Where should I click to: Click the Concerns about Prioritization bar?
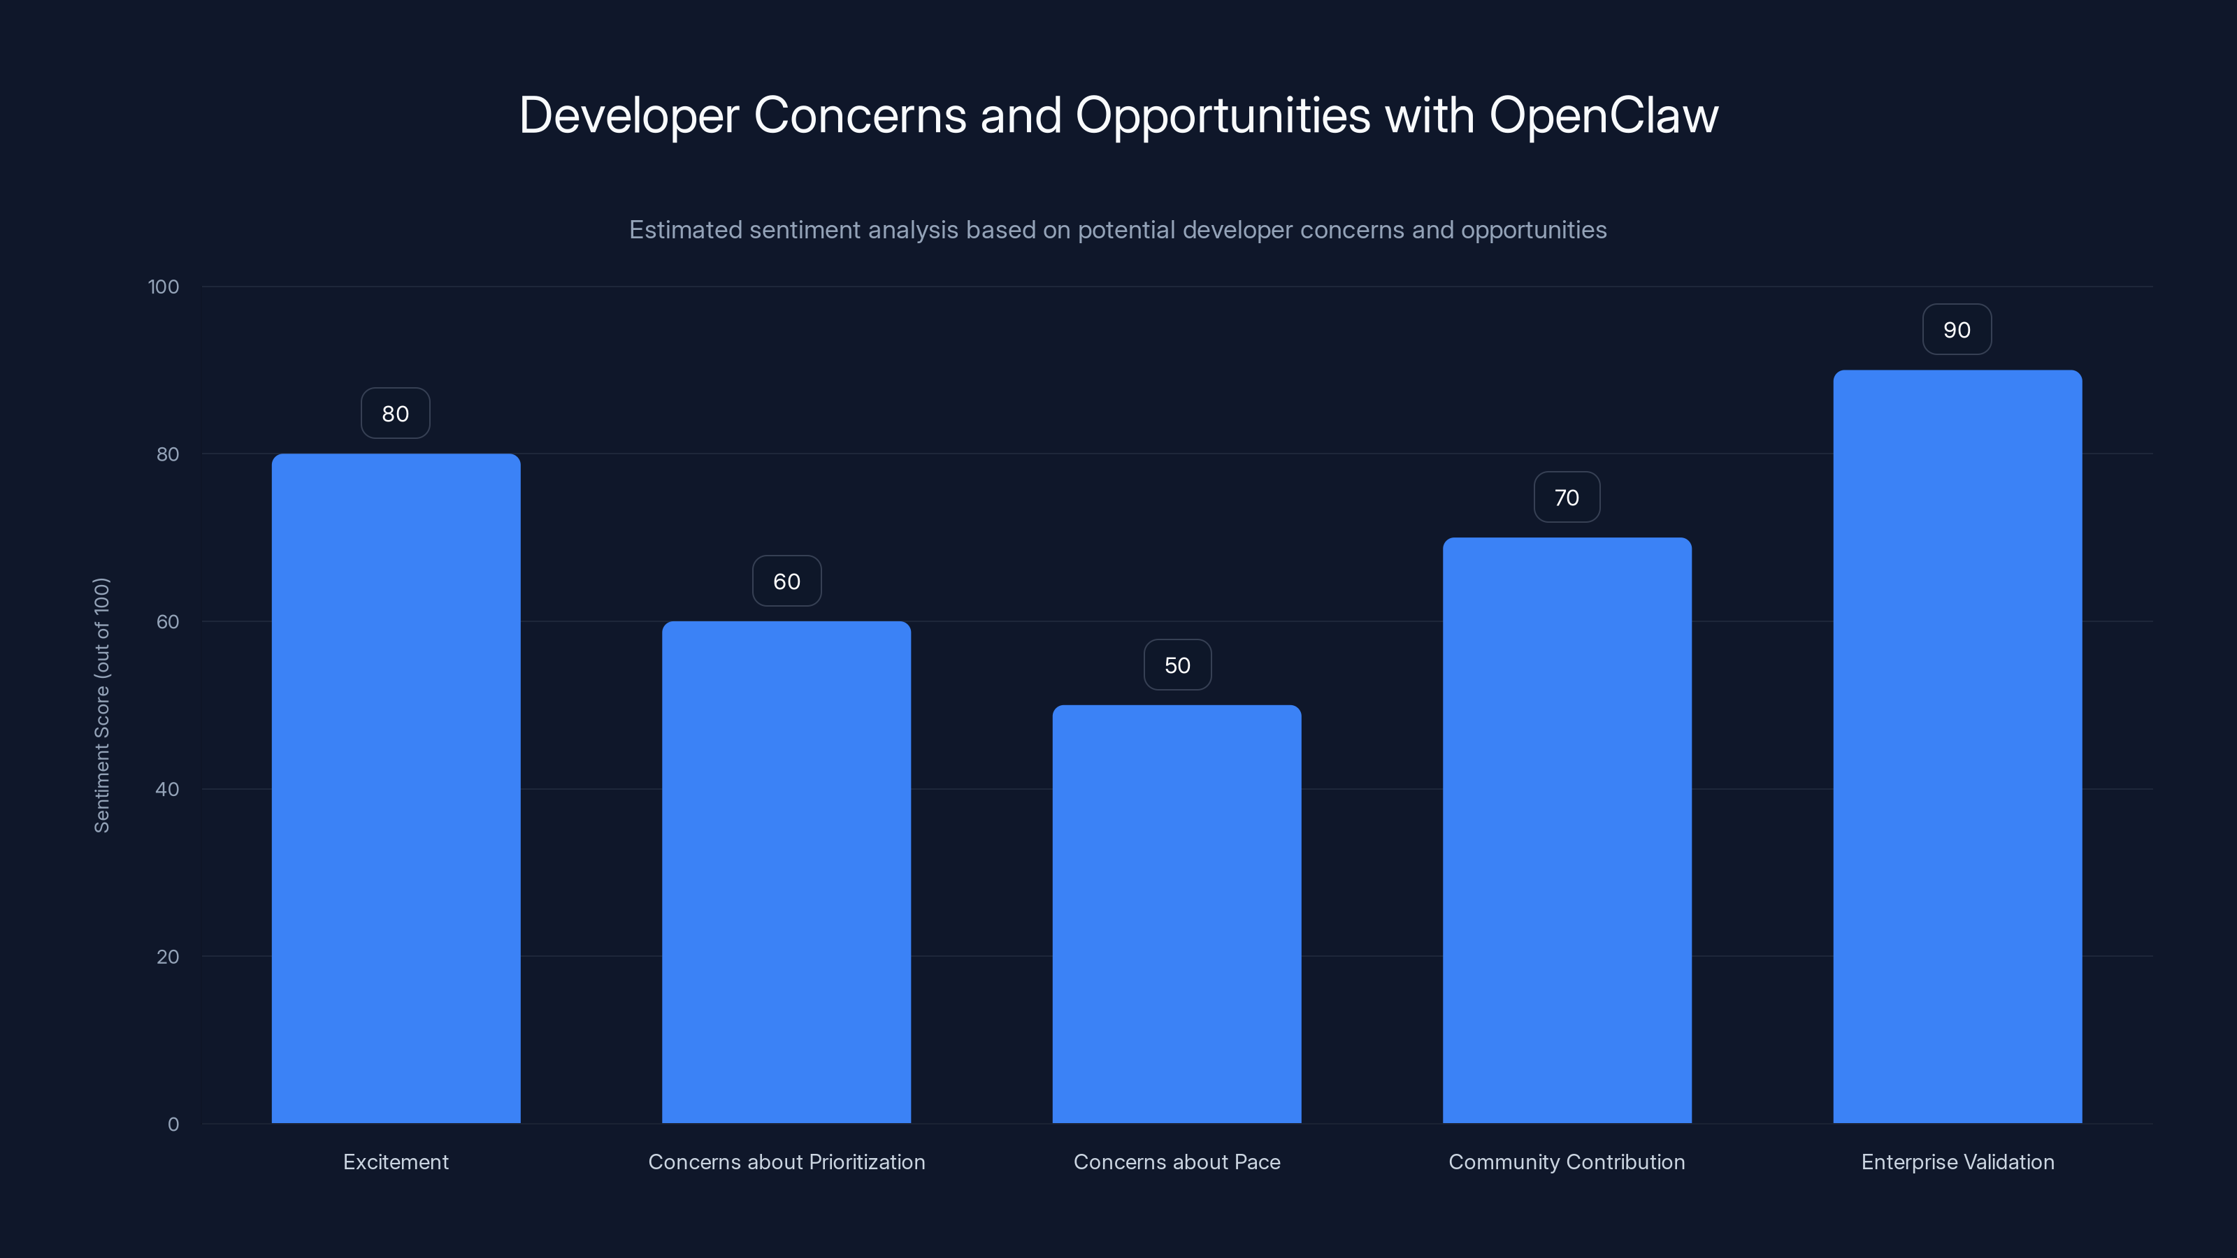coord(786,872)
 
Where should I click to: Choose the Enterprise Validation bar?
coord(1957,746)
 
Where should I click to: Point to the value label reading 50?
coord(1177,666)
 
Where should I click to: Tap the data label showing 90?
coord(1957,330)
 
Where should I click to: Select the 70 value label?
coord(1567,498)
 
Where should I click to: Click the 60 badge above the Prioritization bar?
coord(786,581)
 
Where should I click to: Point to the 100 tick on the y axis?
coord(164,287)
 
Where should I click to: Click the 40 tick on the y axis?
coord(168,789)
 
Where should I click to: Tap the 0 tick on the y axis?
coord(173,1125)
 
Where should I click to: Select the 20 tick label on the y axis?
coord(168,957)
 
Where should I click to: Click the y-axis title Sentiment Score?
coord(101,705)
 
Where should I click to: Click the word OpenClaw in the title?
coord(1603,115)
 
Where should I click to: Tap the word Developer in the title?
coord(628,115)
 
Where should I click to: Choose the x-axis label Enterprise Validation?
coord(1957,1162)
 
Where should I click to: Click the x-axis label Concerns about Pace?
coord(1177,1162)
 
